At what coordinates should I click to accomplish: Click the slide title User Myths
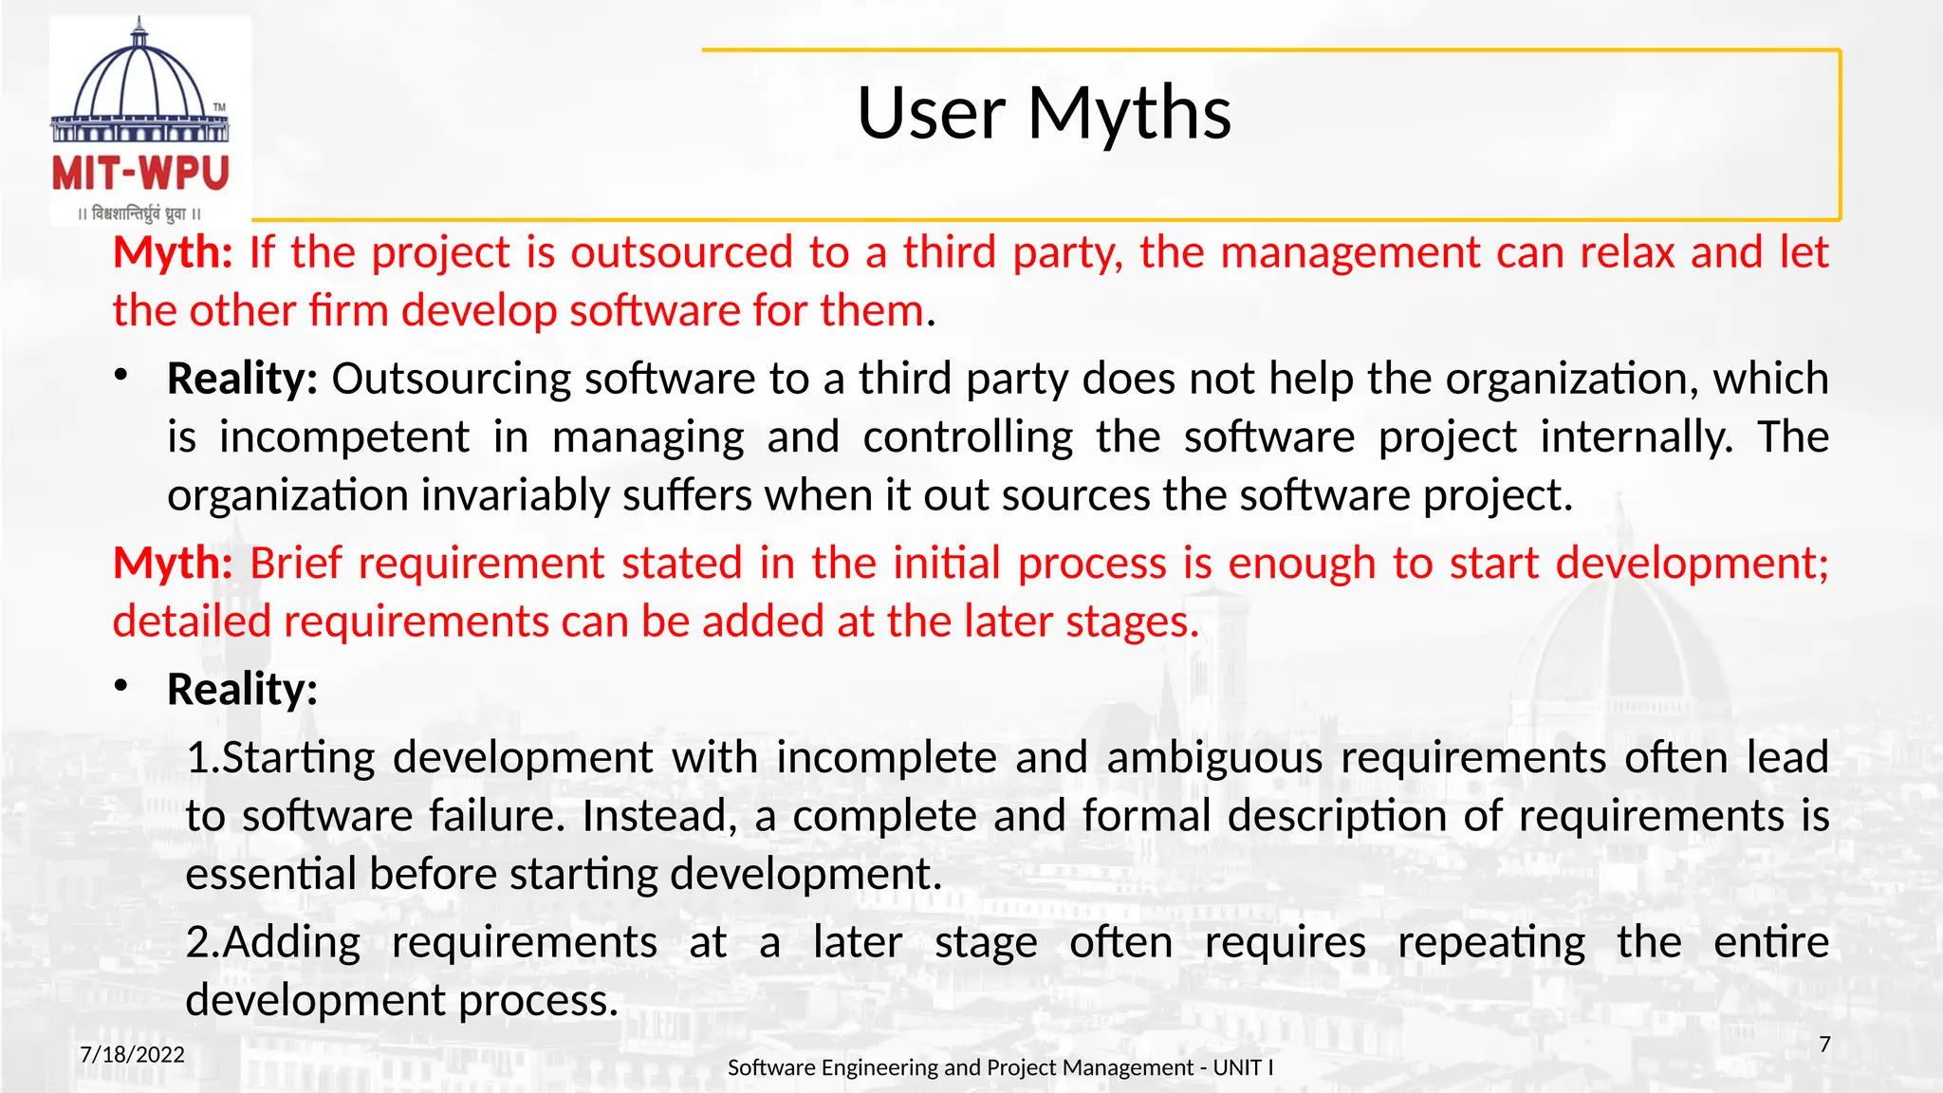(1044, 113)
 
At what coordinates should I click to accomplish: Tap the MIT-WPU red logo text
(140, 174)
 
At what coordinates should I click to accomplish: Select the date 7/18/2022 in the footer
(132, 1054)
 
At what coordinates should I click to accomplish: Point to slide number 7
(1824, 1045)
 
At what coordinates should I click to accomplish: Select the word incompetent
(343, 437)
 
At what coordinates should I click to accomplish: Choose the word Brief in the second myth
(295, 564)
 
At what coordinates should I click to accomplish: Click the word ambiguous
(1214, 758)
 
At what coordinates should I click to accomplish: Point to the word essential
(270, 874)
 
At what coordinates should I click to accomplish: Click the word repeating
(1490, 943)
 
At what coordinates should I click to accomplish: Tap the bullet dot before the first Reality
(120, 376)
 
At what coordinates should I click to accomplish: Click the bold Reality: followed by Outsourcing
(242, 379)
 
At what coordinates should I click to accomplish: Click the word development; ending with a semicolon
(1693, 564)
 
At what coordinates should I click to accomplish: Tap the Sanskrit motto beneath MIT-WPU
(139, 213)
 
